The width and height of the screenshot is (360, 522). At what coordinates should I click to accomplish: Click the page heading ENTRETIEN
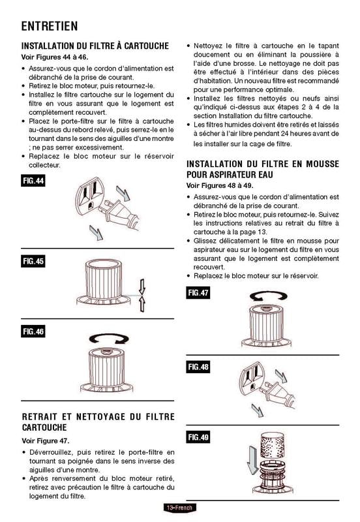(x=50, y=26)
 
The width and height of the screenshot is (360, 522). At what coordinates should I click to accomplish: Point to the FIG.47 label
(x=199, y=293)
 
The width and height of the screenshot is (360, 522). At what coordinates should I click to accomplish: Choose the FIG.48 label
(x=199, y=367)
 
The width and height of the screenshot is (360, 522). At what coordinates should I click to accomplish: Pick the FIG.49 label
(x=199, y=437)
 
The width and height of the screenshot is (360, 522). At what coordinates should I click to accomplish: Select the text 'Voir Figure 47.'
(x=46, y=441)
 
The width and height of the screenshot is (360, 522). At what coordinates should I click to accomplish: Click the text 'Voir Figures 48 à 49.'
(x=222, y=186)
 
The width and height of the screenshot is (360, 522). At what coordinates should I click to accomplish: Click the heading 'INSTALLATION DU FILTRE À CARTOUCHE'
(x=95, y=46)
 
